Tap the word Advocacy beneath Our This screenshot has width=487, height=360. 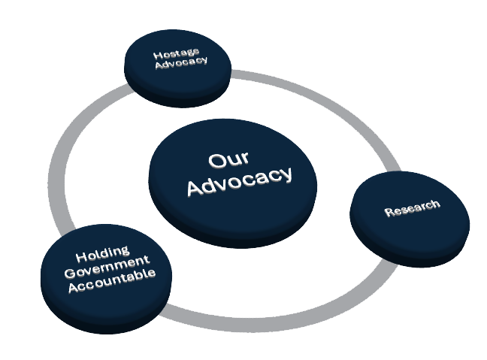tap(239, 181)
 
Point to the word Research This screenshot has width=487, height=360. tap(412, 207)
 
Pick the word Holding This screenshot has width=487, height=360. tap(102, 253)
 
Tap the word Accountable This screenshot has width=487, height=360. tap(111, 281)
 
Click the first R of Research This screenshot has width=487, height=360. tap(389, 213)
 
